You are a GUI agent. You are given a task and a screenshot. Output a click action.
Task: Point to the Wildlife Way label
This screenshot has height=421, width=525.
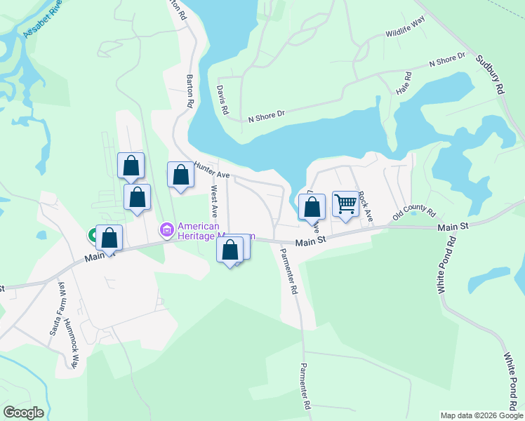pos(406,32)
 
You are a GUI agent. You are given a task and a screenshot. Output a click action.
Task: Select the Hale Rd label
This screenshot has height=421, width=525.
pos(404,83)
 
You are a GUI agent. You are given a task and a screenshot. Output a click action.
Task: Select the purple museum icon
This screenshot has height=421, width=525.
pos(167,229)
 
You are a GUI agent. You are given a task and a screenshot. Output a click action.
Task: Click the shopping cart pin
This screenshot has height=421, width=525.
pos(345,204)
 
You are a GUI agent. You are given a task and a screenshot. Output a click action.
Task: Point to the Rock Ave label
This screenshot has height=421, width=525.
pos(364,207)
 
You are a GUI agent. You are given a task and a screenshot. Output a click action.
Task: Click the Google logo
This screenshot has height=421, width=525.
pos(23,413)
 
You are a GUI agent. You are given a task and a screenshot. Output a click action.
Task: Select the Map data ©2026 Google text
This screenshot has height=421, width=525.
pos(481,415)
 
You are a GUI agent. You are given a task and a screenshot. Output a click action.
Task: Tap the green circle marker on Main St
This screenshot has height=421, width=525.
pos(93,236)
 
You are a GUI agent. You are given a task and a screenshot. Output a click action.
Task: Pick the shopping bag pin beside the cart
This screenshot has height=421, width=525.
pos(312,208)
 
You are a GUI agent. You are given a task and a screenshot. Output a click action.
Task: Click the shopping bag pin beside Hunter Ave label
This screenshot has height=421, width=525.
pos(180,175)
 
